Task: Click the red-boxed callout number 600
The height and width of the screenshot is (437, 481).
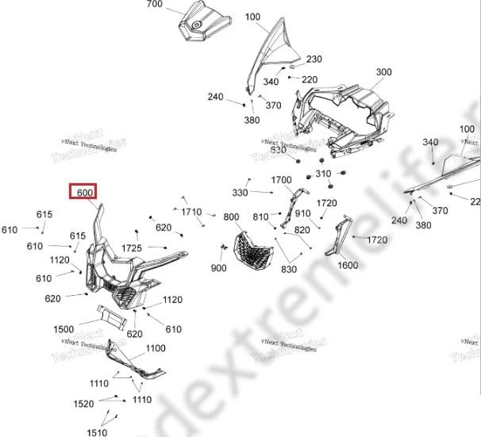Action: [85, 193]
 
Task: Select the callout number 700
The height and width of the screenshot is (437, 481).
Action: [154, 5]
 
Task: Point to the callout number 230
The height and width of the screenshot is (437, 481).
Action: [314, 59]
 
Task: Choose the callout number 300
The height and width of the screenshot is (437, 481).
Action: [384, 72]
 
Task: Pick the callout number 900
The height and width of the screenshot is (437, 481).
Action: [218, 269]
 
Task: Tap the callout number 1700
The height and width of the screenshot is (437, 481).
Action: [282, 180]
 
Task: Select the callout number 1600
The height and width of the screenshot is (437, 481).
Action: [348, 266]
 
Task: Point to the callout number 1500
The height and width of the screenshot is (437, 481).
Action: [63, 329]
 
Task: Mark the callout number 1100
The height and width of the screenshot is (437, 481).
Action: [156, 348]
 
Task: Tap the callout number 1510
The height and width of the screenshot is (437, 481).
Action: [97, 432]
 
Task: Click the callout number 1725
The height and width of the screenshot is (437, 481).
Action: [132, 249]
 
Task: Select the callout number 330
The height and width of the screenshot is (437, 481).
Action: [240, 193]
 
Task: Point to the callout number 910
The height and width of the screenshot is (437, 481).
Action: [302, 213]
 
